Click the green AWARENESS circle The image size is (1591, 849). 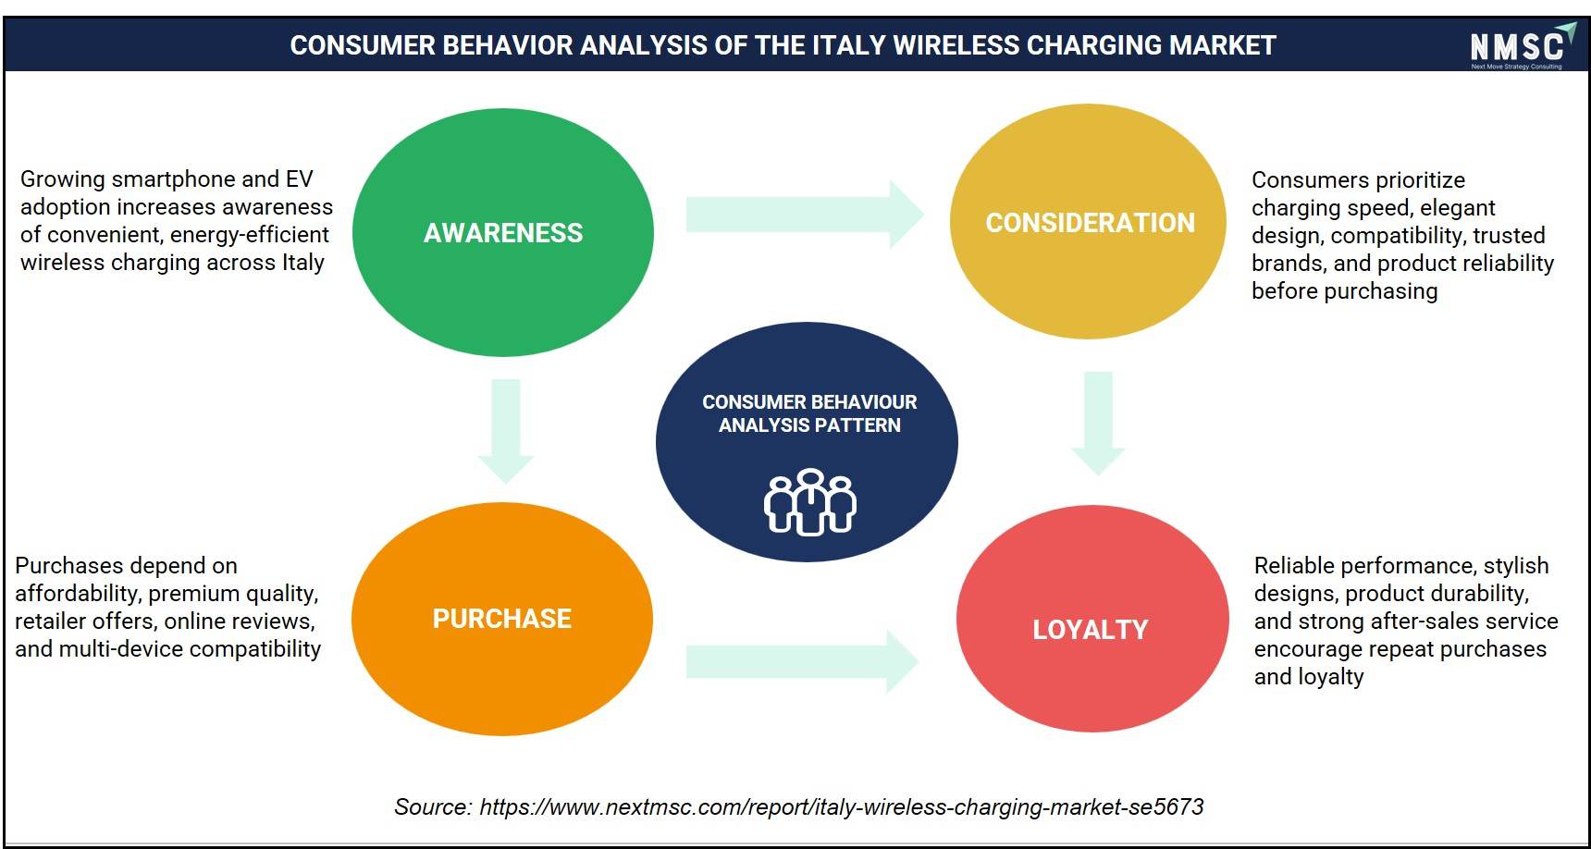[503, 232]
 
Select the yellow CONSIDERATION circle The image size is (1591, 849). [1089, 221]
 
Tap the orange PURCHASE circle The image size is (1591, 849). [502, 619]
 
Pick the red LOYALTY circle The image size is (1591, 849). [1092, 619]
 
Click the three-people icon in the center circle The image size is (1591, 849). [809, 502]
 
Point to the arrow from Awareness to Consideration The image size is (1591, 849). [805, 215]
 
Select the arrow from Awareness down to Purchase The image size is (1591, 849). [505, 431]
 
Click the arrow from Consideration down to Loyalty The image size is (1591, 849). [1098, 424]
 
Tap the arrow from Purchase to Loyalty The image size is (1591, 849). [802, 661]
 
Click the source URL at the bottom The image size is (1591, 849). [842, 807]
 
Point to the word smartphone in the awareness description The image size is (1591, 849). [178, 179]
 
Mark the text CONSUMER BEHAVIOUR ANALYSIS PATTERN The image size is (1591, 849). [809, 413]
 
